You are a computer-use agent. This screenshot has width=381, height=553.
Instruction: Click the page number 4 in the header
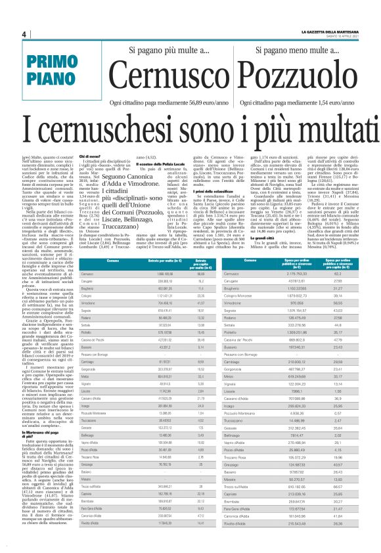(x=23, y=34)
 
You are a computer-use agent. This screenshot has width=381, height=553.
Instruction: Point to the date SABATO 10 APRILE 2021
(x=340, y=37)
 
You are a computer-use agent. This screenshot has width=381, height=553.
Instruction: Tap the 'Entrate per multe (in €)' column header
(x=147, y=261)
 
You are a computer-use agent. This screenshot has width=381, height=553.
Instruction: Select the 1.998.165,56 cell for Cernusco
(x=147, y=273)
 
